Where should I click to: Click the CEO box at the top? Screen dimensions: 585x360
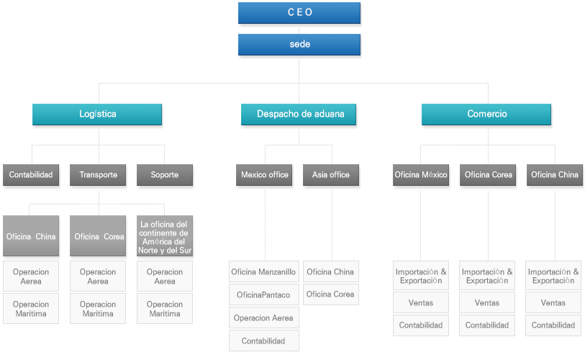[299, 13]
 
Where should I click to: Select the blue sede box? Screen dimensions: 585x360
[299, 45]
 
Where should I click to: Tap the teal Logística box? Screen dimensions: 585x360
[97, 114]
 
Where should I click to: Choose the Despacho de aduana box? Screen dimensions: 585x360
[299, 114]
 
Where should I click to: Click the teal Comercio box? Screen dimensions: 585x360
[486, 114]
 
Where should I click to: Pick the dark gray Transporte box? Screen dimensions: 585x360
[98, 175]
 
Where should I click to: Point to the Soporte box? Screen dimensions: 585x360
[165, 175]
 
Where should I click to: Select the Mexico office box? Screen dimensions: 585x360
[264, 175]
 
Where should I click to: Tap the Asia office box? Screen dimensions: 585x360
[331, 175]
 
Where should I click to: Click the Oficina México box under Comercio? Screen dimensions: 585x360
[421, 175]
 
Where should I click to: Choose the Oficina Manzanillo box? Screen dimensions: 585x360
[264, 271]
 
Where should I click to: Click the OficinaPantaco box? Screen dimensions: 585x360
[264, 294]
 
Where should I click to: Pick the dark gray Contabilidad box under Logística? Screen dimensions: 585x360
[31, 175]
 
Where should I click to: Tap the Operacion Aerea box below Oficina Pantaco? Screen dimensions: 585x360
[264, 318]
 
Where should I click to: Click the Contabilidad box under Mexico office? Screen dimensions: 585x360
[264, 341]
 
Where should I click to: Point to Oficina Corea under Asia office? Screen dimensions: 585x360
[331, 294]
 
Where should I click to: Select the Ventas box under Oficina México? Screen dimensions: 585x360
[421, 302]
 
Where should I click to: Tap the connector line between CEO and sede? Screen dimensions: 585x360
[299, 30]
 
